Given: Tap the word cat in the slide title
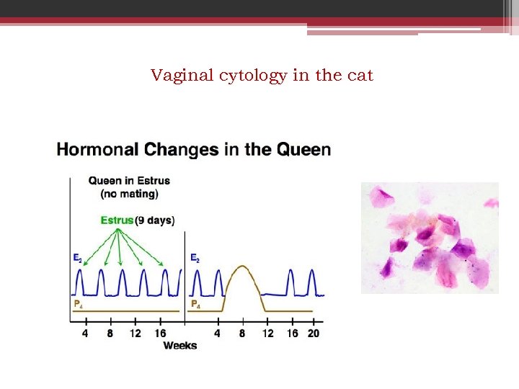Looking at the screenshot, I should click(x=359, y=75).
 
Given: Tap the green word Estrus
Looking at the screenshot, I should click(x=117, y=220).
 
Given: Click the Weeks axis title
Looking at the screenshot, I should click(x=179, y=346).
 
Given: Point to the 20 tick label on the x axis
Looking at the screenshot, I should click(x=313, y=334).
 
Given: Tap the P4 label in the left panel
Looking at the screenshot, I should click(x=77, y=304).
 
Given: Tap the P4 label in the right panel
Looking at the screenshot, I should click(x=195, y=304).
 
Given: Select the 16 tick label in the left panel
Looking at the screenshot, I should click(x=160, y=334).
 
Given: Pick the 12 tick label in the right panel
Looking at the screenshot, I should click(x=267, y=334).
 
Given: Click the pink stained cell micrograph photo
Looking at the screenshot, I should click(x=430, y=238).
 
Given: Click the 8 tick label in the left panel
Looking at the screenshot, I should click(x=110, y=334).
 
